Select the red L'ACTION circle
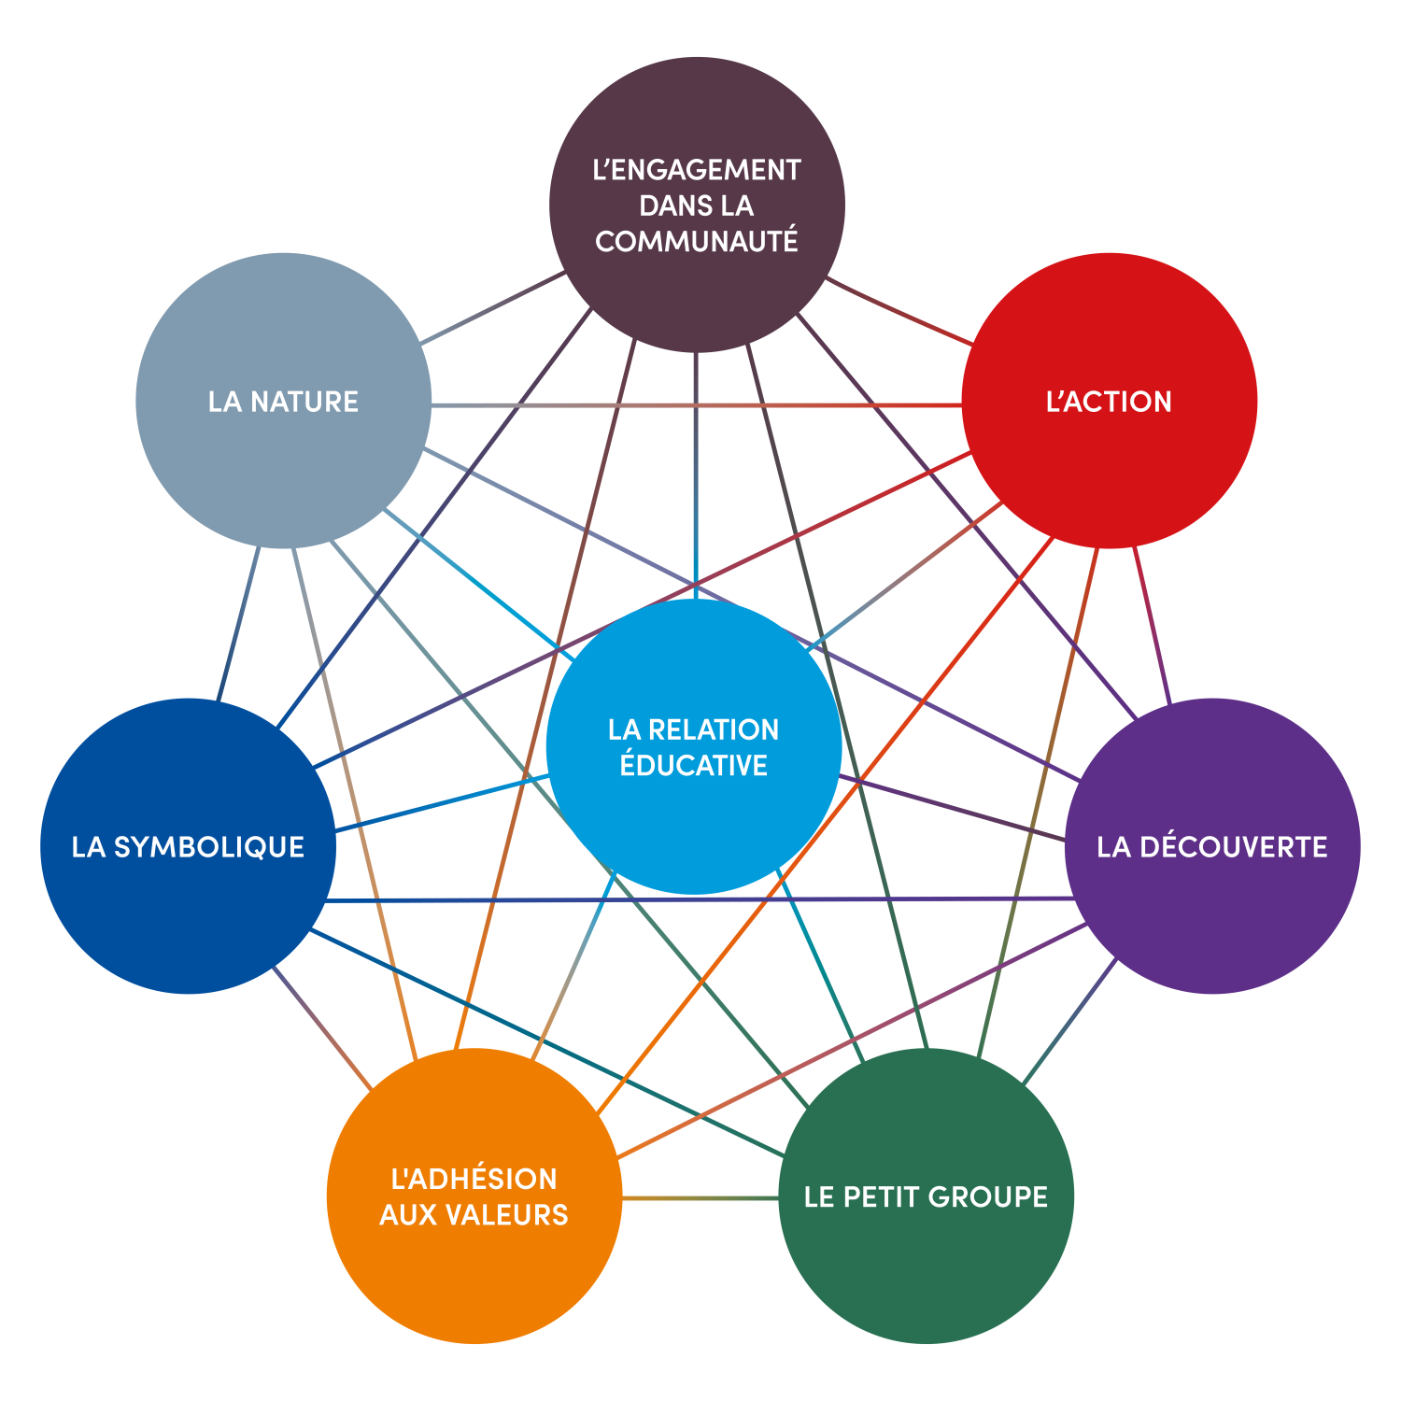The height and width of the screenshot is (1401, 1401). pyautogui.click(x=1109, y=467)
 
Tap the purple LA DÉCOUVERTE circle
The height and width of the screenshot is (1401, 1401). pyautogui.click(x=1212, y=915)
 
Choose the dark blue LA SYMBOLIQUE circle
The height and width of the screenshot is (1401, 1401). pyautogui.click(x=188, y=915)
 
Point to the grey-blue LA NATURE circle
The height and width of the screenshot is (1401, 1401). pyautogui.click(x=283, y=467)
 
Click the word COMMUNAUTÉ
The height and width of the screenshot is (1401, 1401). pyautogui.click(x=697, y=242)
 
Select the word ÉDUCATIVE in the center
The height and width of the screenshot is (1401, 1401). pyautogui.click(x=694, y=765)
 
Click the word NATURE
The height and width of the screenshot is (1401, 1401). pyautogui.click(x=304, y=402)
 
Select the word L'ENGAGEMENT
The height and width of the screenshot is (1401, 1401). pyautogui.click(x=697, y=170)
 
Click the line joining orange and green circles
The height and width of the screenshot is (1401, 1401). pyautogui.click(x=700, y=1197)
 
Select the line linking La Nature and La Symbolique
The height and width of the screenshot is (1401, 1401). pyautogui.click(x=238, y=623)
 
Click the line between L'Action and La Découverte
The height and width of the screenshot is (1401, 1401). pyautogui.click(x=1152, y=623)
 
